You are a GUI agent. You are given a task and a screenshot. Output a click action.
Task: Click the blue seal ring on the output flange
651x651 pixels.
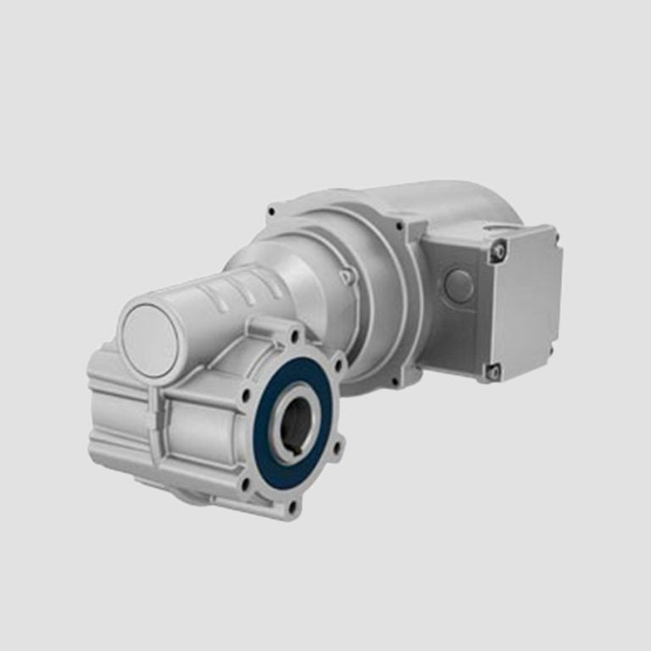pos(270,458)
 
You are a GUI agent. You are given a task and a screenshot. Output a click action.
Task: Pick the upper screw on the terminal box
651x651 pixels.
pos(498,250)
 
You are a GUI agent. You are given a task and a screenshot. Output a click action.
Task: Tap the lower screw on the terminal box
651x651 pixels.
pos(492,370)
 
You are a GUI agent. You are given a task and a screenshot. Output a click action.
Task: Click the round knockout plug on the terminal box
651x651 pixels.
pos(459,286)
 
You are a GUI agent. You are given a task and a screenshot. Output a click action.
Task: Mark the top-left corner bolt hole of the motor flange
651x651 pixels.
pos(271,210)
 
